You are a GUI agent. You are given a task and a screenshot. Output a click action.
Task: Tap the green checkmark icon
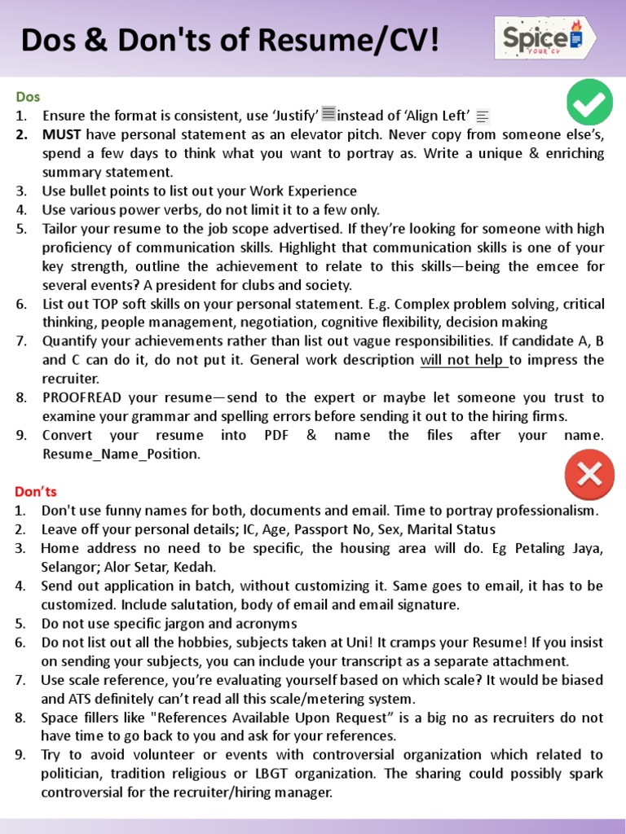pyautogui.click(x=589, y=103)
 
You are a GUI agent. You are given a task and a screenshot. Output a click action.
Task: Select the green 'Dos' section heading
pyautogui.click(x=27, y=97)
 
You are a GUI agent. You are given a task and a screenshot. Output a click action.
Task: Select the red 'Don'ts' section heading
pyautogui.click(x=36, y=492)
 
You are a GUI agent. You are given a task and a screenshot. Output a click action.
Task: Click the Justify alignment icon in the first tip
pyautogui.click(x=328, y=115)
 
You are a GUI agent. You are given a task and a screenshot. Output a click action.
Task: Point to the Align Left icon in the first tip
pyautogui.click(x=483, y=117)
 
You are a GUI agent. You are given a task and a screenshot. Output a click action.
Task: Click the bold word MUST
pyautogui.click(x=63, y=134)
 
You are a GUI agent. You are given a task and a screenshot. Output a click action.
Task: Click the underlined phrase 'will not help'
pyautogui.click(x=463, y=360)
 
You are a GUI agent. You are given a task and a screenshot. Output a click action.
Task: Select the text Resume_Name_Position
pyautogui.click(x=121, y=454)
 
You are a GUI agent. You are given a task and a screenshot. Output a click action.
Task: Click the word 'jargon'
pyautogui.click(x=180, y=623)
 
